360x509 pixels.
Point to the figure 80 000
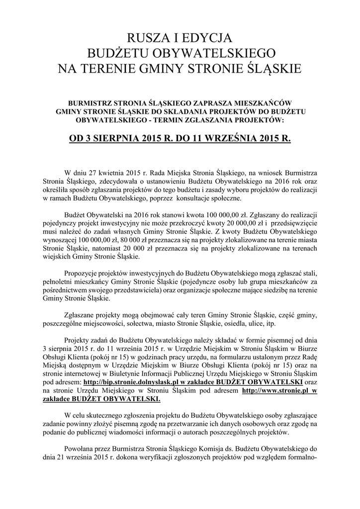point(122,241)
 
